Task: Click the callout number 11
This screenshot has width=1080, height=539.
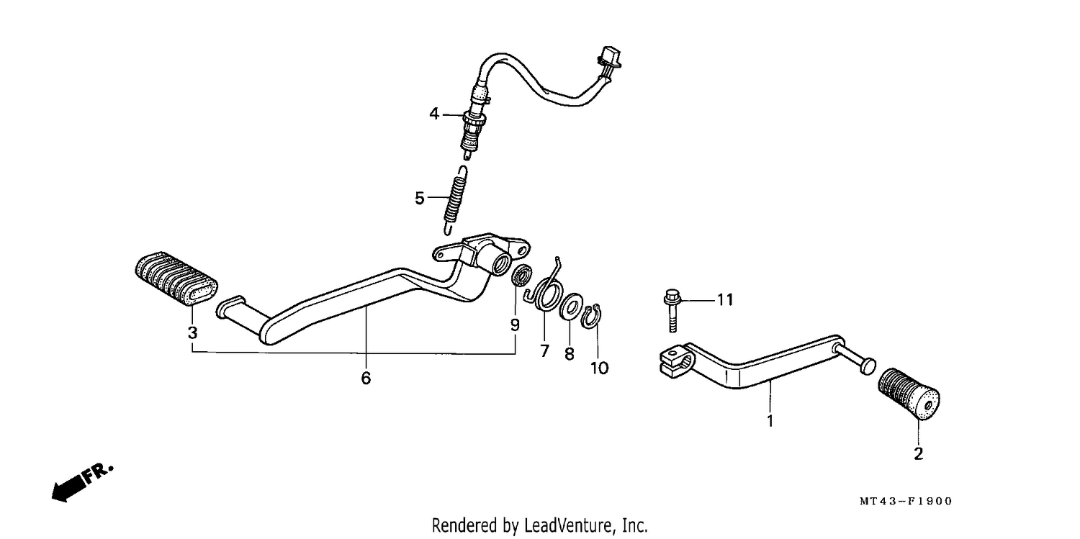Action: click(725, 300)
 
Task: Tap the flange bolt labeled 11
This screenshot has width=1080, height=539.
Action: click(672, 311)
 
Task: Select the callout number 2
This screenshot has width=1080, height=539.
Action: click(919, 454)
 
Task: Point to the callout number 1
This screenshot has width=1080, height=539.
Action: click(770, 421)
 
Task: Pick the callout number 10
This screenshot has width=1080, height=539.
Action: click(599, 368)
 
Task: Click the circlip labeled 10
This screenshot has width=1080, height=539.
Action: click(590, 317)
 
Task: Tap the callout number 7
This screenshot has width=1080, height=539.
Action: click(545, 351)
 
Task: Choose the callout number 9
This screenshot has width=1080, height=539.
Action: click(515, 325)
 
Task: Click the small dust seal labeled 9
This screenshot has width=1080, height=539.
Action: click(521, 275)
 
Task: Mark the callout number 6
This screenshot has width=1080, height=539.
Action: click(366, 379)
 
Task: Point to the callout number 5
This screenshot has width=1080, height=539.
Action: click(420, 199)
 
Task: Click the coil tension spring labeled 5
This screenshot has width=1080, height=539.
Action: click(454, 200)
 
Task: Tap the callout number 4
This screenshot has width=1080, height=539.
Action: click(434, 114)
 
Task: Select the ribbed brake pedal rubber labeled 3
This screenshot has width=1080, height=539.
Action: click(176, 278)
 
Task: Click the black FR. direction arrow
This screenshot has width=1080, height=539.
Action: click(82, 483)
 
